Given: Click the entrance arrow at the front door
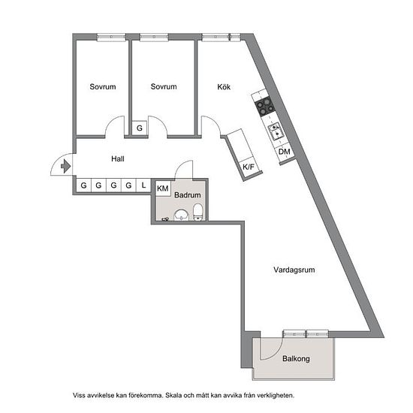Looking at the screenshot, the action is tap(66, 167).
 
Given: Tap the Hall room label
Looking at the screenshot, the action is tap(118, 159).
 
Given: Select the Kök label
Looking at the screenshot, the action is tap(224, 87).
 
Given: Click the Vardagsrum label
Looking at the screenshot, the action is tap(294, 270).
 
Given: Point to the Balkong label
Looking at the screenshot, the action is tap(296, 358).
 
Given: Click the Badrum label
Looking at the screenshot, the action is tap(188, 195).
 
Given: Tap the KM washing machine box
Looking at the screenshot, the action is tap(163, 188).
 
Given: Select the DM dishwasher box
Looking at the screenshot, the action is tap(284, 152).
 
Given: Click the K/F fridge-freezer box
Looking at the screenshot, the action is tap(249, 167).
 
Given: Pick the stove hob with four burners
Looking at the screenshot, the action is tap(265, 105).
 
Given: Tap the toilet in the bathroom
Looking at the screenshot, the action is tap(197, 212).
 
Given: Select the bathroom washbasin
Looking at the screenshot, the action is tap(182, 215).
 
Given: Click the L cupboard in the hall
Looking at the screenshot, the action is tap(143, 185).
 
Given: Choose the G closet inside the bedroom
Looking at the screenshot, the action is tap(140, 128).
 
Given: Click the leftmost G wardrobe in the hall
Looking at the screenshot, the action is tap(84, 185).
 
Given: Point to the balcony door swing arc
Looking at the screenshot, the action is tap(276, 354).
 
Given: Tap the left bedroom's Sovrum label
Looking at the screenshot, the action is tap(103, 86).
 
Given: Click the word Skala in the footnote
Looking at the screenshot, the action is tap(173, 395).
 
